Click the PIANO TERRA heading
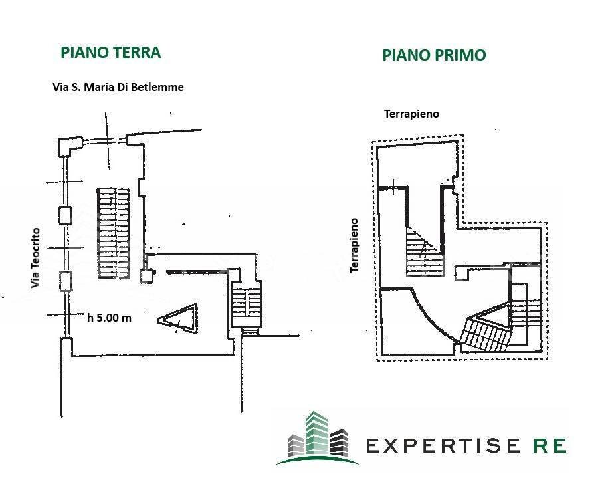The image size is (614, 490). tap(111, 53)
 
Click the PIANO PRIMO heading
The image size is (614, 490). tap(434, 55)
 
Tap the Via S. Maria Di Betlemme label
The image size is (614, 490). tap(118, 87)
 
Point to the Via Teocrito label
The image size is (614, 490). tap(35, 258)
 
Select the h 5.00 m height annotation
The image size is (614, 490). tap(109, 318)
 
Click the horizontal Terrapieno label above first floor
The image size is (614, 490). tap(411, 114)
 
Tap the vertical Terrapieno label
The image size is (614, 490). tap(354, 245)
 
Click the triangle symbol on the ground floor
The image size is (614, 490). tap(178, 319)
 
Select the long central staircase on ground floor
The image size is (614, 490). tap(114, 233)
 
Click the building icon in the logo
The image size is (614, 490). tap(318, 437)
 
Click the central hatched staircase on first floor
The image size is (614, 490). tap(425, 253)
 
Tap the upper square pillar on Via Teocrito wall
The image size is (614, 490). tap(65, 215)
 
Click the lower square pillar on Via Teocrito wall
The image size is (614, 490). tap(65, 282)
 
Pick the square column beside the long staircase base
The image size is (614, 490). tap(146, 276)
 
